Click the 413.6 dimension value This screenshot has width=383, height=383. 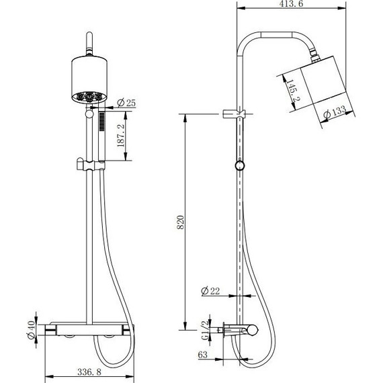[291, 3]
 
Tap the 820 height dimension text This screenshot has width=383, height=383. [181, 222]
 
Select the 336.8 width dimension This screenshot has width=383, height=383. [89, 372]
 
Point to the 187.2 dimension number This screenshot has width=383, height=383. [121, 135]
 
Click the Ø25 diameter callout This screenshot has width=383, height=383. [126, 103]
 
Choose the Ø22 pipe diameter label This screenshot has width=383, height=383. [210, 291]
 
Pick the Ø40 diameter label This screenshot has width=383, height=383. [32, 330]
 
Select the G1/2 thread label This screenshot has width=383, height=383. [206, 330]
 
